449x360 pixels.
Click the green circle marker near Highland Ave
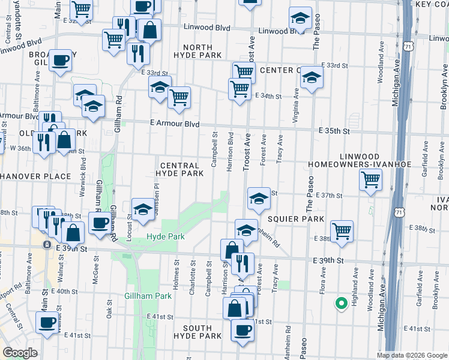(x=341, y=303)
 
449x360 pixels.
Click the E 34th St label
(x=268, y=96)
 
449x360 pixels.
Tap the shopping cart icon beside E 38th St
(x=342, y=231)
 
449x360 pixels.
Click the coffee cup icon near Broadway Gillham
(x=60, y=61)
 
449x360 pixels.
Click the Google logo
(x=20, y=353)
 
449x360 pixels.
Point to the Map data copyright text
(x=411, y=355)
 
